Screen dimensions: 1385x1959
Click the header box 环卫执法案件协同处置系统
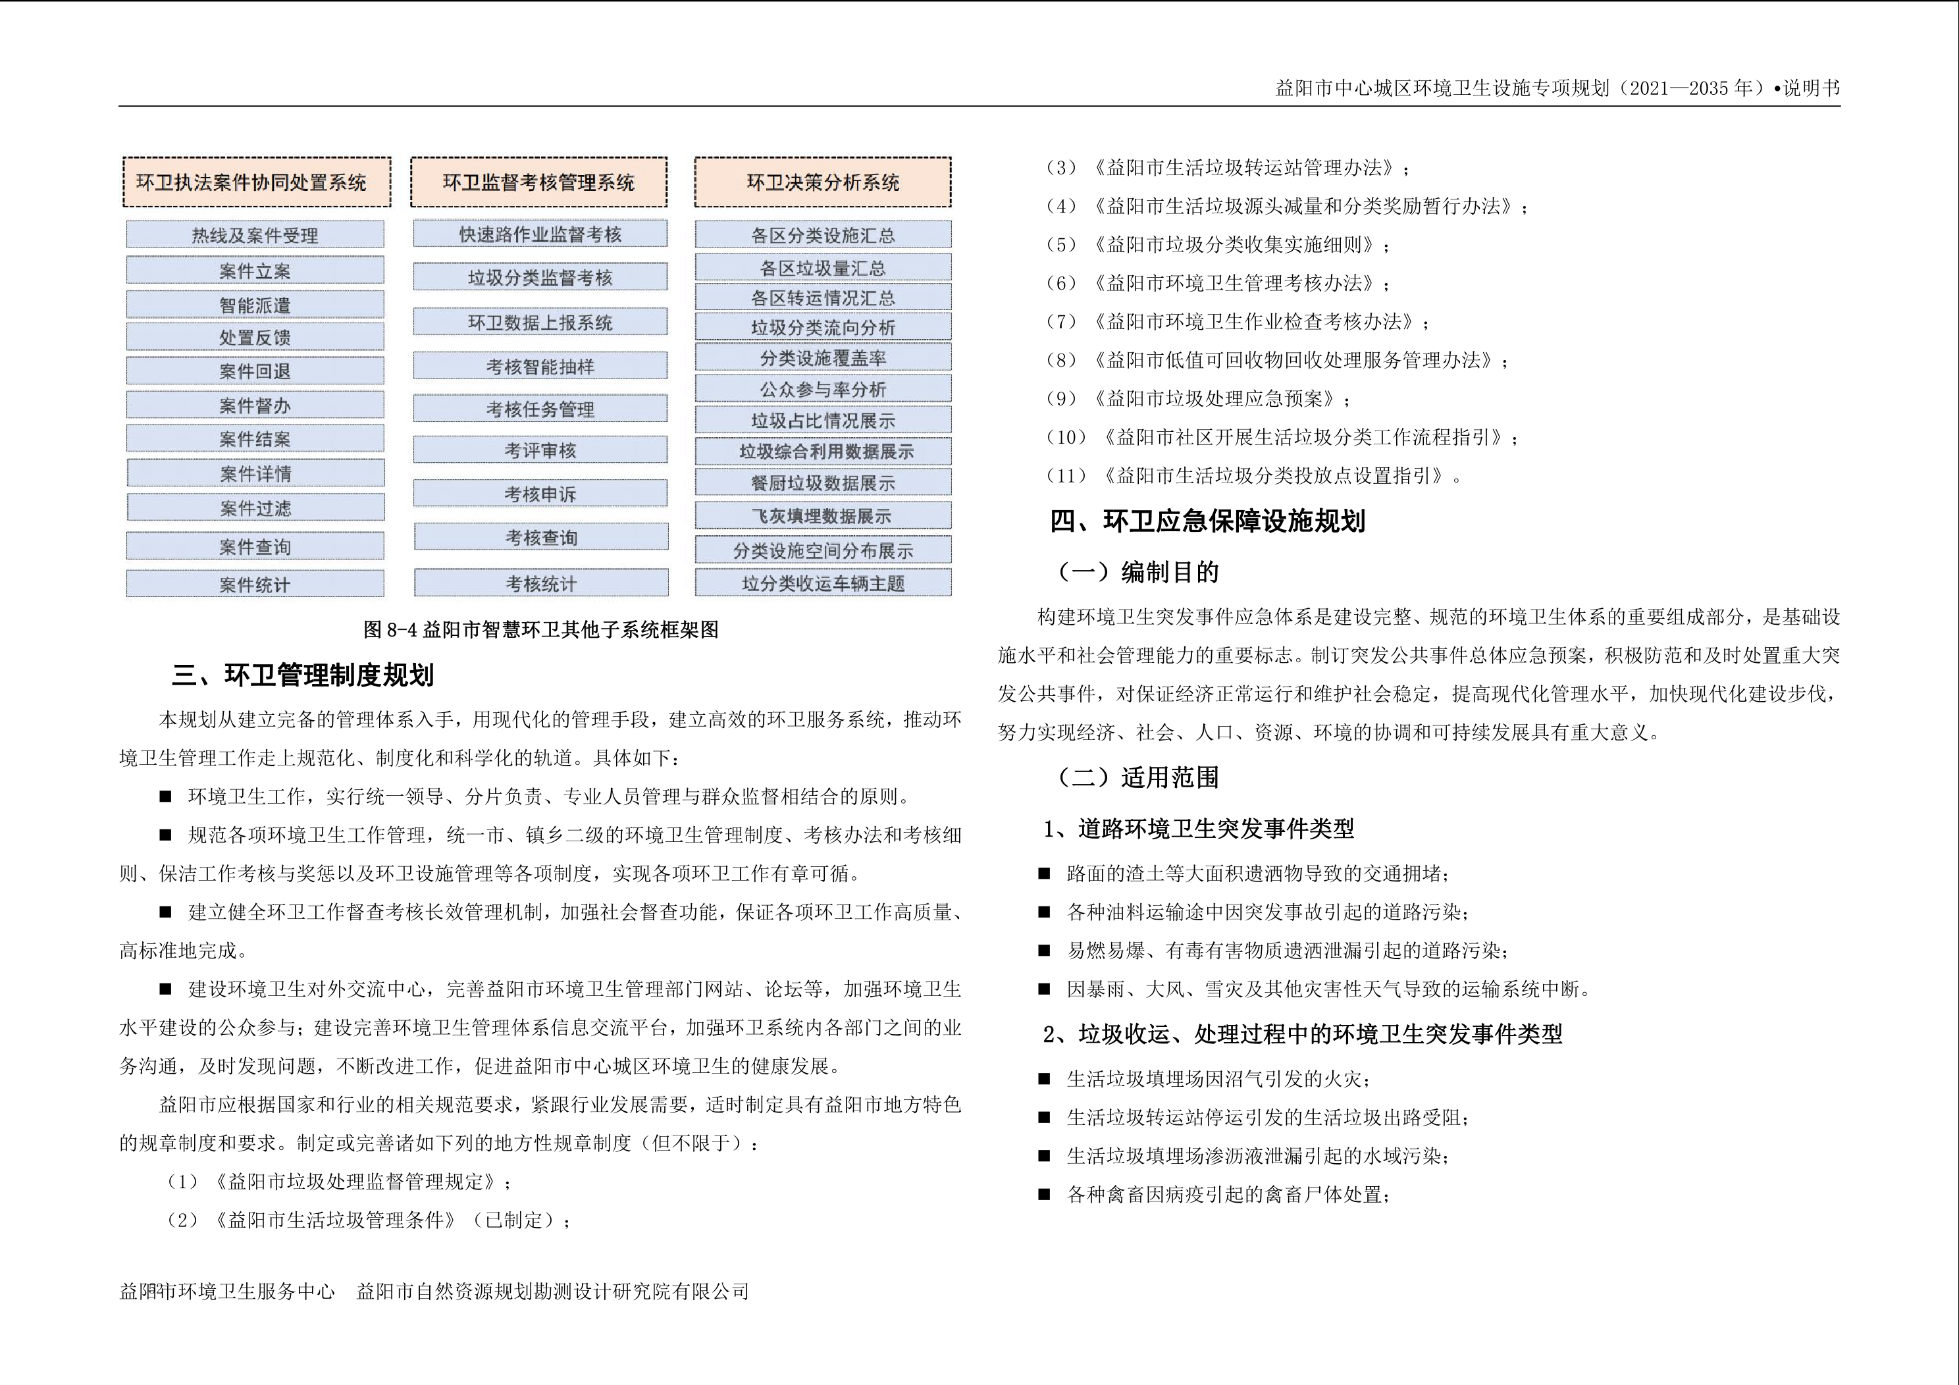(256, 182)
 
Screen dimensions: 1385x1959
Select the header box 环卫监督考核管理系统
(538, 182)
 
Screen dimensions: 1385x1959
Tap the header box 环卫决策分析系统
(823, 182)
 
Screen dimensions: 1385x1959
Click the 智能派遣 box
(255, 305)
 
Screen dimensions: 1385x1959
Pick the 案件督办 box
(255, 405)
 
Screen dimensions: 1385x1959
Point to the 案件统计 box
(255, 585)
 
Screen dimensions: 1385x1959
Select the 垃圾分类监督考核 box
(540, 277)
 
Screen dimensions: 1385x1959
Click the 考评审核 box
(540, 450)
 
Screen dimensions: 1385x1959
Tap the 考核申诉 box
(540, 493)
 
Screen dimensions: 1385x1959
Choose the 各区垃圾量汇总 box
(823, 268)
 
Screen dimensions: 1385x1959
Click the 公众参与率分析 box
(823, 389)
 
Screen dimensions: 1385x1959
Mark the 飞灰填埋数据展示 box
(823, 515)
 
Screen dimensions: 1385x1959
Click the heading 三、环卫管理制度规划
(303, 676)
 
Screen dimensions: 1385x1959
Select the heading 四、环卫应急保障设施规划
(1207, 521)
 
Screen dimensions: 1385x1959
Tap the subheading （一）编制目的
(1138, 572)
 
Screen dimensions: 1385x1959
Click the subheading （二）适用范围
(1138, 777)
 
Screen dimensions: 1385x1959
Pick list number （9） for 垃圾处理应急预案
(1061, 398)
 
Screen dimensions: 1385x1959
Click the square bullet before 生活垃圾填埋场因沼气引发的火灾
(1043, 1079)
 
